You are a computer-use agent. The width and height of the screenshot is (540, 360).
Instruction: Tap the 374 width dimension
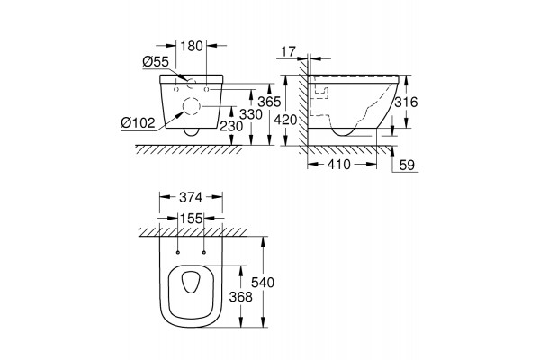pos(190,197)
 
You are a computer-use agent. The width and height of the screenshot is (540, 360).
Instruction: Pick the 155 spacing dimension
pos(190,218)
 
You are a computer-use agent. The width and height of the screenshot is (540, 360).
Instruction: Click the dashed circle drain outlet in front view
pos(191,108)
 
